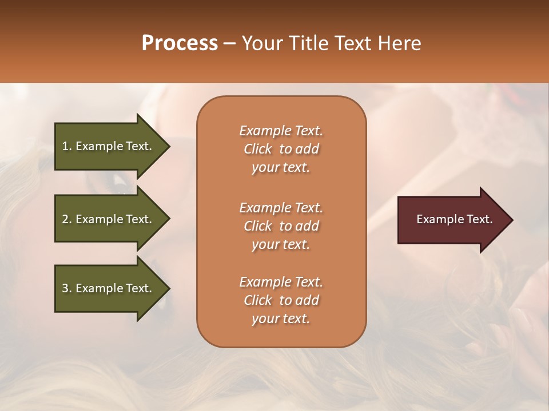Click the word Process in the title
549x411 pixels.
(x=180, y=43)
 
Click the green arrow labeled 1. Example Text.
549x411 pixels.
(x=109, y=146)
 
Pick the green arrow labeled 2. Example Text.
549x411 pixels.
(x=109, y=219)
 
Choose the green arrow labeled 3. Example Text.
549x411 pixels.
(x=109, y=288)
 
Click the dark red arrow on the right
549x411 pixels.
(x=452, y=220)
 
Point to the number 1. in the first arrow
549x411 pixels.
(x=67, y=146)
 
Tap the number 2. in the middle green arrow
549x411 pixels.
(x=67, y=219)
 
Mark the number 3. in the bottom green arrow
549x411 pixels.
(x=67, y=288)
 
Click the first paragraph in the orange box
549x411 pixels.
(x=281, y=149)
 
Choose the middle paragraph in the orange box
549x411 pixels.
(x=281, y=226)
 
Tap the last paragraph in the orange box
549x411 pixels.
(x=281, y=300)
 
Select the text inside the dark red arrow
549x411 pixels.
(x=454, y=219)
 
